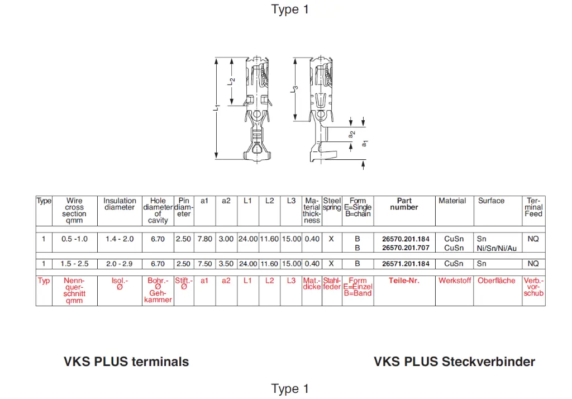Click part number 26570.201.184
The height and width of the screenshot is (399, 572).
(x=406, y=239)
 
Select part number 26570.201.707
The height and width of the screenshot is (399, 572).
(x=406, y=248)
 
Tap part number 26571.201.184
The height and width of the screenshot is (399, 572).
(x=406, y=264)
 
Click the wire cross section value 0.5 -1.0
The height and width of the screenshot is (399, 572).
(x=74, y=239)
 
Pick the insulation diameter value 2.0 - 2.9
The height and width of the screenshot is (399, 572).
(x=120, y=264)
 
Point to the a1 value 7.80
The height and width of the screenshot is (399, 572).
(x=204, y=239)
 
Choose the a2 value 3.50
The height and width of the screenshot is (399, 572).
(x=226, y=264)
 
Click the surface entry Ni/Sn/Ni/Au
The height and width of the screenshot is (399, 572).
(x=497, y=248)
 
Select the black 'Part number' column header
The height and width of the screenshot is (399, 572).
(x=404, y=204)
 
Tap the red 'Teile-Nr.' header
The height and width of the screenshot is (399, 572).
(x=404, y=281)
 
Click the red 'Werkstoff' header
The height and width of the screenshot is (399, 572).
(x=455, y=281)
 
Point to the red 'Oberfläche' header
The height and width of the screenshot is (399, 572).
(x=497, y=281)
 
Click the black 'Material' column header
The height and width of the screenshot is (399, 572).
(x=452, y=201)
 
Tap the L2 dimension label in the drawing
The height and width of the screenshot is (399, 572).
(x=232, y=81)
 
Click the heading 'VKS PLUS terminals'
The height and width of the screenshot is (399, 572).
(x=126, y=362)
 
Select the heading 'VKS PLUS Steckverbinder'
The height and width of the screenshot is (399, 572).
(x=454, y=362)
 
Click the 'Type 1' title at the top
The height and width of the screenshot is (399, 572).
(x=290, y=9)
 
